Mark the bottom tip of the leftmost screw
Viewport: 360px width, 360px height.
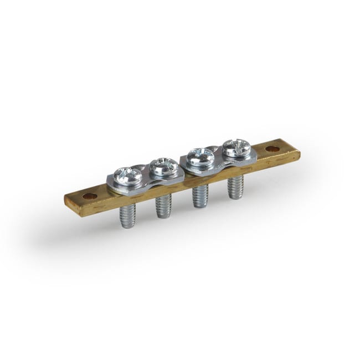[128, 226]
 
